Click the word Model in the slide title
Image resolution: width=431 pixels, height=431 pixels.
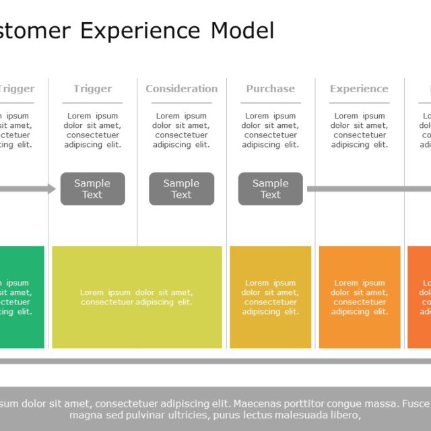click(242, 31)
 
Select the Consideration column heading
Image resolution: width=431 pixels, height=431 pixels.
click(181, 89)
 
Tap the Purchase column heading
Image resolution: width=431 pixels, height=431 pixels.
click(270, 89)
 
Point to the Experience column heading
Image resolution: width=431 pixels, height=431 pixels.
click(359, 89)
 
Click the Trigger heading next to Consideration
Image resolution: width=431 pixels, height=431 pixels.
click(92, 89)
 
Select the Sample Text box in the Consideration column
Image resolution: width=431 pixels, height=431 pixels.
click(181, 189)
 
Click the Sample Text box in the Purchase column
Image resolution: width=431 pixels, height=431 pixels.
click(270, 189)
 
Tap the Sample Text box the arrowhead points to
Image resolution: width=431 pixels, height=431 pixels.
click(92, 189)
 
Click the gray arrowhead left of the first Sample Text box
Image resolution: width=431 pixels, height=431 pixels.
click(52, 189)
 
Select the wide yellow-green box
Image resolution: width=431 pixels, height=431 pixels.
click(137, 297)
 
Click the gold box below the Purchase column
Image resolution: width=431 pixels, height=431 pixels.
click(270, 297)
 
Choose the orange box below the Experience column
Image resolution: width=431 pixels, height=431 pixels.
click(359, 297)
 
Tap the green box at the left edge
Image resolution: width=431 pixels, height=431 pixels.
click(20, 297)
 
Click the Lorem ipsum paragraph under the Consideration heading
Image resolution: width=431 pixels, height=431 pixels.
click(181, 131)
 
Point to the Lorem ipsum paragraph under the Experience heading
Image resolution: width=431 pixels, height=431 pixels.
click(359, 131)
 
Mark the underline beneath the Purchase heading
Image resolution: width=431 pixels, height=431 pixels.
click(270, 103)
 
